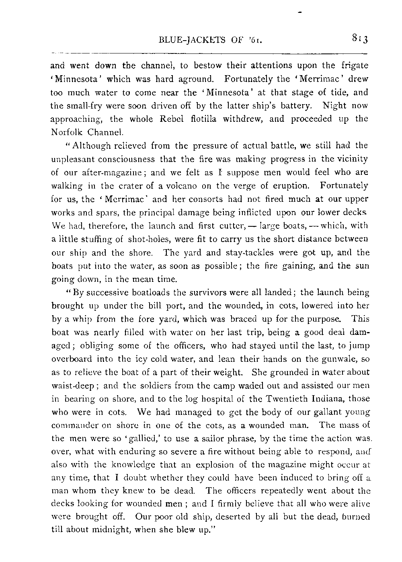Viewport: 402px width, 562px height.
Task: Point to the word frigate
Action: coord(354,66)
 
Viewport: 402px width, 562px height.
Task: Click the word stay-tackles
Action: coord(238,252)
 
